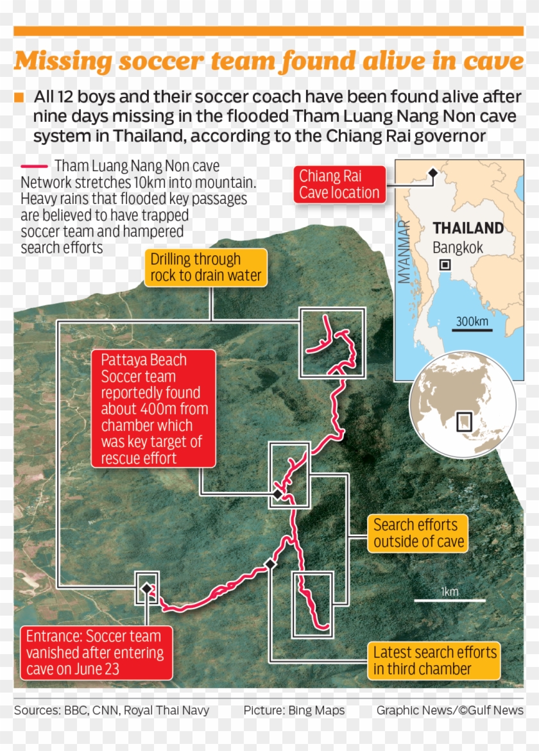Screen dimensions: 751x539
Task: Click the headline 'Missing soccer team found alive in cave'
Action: [269, 62]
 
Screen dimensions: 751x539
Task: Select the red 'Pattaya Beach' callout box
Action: [153, 408]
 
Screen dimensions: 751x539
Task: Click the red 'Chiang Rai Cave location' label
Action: [339, 185]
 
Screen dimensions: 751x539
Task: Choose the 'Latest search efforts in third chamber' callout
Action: [434, 661]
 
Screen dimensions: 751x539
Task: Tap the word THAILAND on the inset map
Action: [468, 228]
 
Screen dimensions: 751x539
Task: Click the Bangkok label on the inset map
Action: [458, 248]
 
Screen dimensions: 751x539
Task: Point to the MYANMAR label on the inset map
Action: [404, 252]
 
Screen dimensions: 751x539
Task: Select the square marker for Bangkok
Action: [445, 265]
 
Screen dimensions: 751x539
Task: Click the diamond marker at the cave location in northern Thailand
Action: [432, 173]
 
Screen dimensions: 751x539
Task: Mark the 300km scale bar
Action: [472, 330]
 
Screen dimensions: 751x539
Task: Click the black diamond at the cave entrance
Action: [147, 588]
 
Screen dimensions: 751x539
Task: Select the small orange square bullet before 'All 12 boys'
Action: [19, 97]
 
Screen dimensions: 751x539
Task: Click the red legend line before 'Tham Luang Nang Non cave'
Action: [34, 166]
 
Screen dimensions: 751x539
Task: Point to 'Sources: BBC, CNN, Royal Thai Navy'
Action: [112, 710]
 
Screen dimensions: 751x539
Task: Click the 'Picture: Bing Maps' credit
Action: [294, 710]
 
